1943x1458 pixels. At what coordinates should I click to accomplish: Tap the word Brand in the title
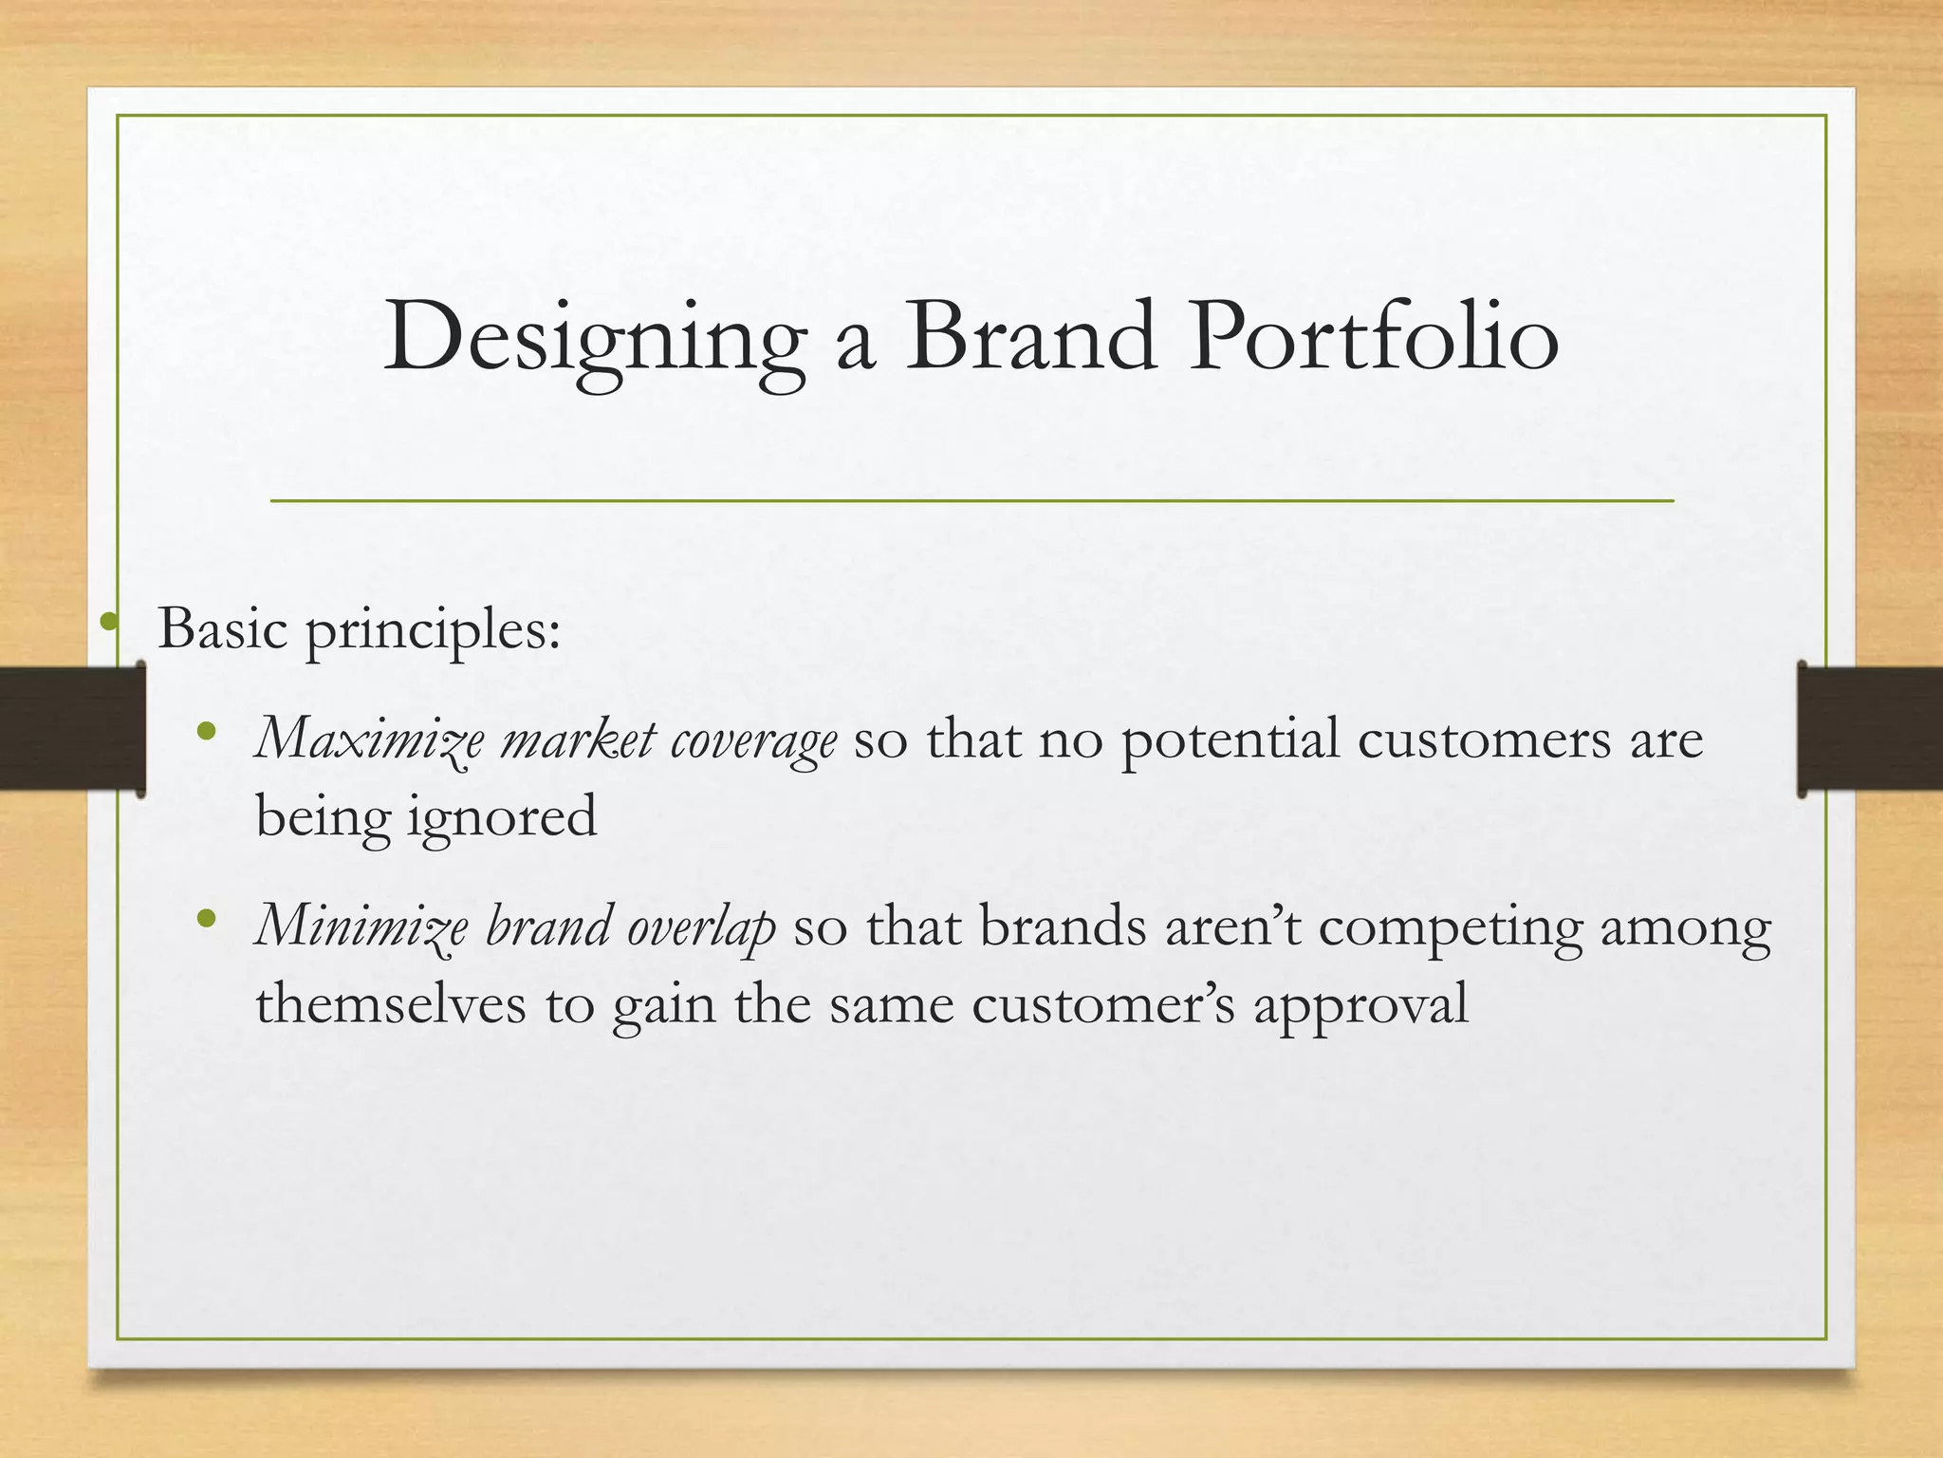pos(1030,336)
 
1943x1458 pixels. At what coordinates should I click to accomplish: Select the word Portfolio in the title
pos(1373,336)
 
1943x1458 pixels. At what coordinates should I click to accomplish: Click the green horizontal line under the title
pos(971,500)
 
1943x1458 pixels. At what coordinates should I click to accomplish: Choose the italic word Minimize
pos(361,926)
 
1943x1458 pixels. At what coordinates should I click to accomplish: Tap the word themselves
pos(390,1004)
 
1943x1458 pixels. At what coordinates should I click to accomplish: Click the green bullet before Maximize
pos(207,732)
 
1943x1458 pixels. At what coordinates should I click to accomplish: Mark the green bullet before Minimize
pos(207,919)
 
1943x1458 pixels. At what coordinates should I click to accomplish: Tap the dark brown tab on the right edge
pos(1870,728)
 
